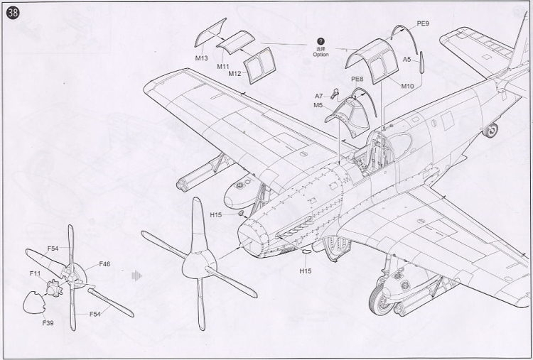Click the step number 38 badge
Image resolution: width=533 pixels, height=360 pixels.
[13, 13]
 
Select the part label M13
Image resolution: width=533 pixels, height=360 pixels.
[201, 58]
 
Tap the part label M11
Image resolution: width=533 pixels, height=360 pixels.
[223, 67]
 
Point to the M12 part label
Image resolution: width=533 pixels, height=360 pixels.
[235, 74]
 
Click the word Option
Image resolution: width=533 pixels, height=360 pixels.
[321, 55]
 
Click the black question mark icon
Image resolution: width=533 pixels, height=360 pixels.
[321, 41]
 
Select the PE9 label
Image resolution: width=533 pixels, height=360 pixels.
[423, 23]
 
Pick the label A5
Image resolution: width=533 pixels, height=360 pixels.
[407, 60]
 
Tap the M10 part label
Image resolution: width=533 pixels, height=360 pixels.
[407, 86]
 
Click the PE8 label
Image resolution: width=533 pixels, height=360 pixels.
[357, 79]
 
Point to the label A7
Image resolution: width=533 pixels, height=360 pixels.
[318, 96]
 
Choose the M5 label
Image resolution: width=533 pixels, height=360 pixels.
[318, 105]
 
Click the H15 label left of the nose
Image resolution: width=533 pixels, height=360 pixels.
[216, 214]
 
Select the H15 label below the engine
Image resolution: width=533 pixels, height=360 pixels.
[306, 271]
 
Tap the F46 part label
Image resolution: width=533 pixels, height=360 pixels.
[104, 264]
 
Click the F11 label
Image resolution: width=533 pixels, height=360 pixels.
[35, 273]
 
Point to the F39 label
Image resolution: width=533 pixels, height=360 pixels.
[48, 323]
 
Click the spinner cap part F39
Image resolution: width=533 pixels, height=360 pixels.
[34, 302]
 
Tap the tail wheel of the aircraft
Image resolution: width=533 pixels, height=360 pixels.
[490, 131]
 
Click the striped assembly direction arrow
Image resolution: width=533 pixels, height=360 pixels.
[136, 276]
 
